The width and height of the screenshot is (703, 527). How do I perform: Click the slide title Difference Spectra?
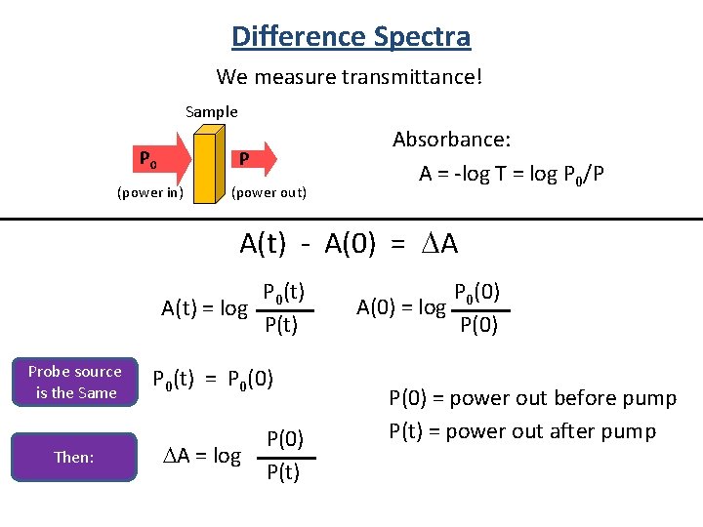[351, 37]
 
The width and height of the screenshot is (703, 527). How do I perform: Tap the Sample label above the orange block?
[212, 111]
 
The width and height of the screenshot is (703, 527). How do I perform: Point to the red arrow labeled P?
[252, 158]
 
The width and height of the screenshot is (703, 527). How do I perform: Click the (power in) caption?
[149, 192]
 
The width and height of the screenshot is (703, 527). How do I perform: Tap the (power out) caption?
[269, 192]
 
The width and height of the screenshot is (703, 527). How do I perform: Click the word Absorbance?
[451, 140]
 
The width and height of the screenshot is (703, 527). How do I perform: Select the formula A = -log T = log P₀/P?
[511, 175]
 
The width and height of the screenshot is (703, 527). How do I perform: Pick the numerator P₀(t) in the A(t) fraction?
[284, 292]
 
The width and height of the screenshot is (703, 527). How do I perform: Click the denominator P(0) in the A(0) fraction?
[478, 325]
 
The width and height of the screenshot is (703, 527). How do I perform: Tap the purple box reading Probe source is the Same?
[75, 383]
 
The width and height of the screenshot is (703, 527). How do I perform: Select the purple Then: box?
[75, 456]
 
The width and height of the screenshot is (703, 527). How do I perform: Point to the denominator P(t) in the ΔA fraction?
[283, 473]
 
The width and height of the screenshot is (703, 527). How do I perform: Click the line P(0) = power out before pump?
[532, 398]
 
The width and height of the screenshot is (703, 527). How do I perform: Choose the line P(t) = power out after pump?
[522, 430]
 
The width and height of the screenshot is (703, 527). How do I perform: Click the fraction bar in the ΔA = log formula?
[287, 456]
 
